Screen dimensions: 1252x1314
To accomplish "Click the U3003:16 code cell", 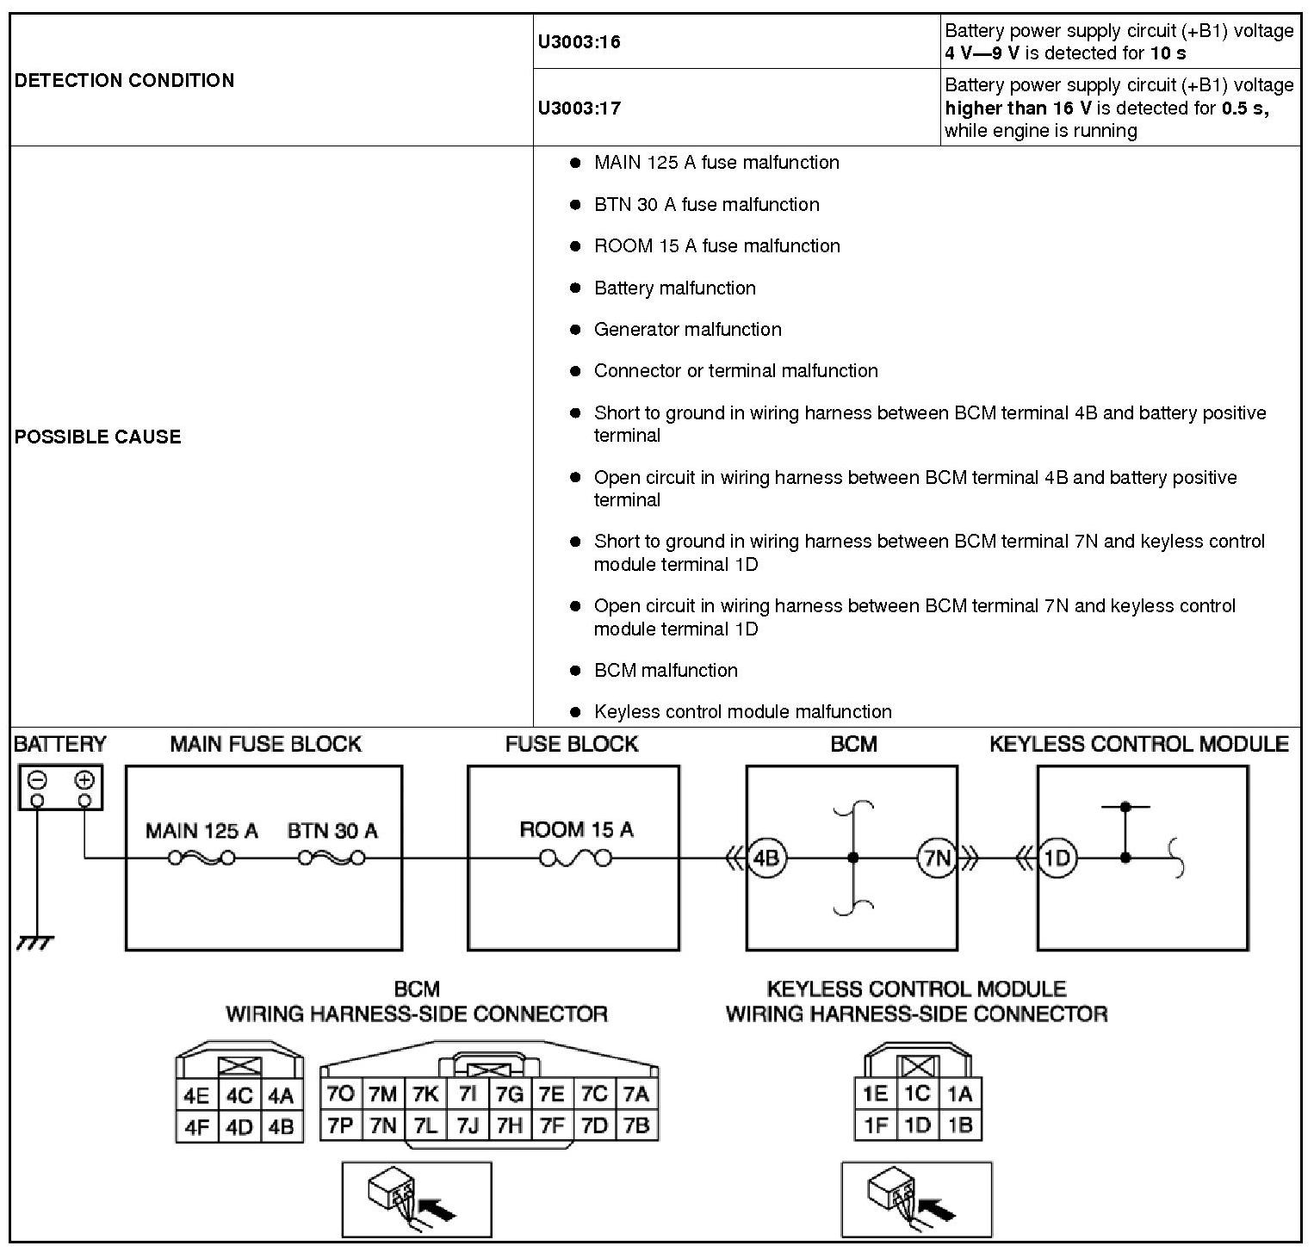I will (580, 42).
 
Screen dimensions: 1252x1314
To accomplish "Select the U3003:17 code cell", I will (580, 108).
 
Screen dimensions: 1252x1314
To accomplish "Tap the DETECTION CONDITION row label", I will (125, 81).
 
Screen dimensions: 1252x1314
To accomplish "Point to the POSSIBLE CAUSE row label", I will (98, 437).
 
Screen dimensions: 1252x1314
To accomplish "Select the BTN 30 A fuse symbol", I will (332, 858).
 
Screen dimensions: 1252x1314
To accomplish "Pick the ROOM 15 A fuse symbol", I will (576, 858).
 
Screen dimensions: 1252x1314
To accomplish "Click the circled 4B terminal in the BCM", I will (765, 858).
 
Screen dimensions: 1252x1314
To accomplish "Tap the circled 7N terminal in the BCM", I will (937, 858).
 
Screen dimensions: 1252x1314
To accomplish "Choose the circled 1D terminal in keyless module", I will (1057, 858).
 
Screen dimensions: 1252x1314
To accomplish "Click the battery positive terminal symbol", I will (84, 780).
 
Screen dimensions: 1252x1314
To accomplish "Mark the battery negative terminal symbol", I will (37, 780).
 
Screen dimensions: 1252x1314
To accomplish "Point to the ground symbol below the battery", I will (35, 943).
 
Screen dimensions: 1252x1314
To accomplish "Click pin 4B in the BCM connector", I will (282, 1126).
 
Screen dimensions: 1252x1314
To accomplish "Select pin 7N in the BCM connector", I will (382, 1125).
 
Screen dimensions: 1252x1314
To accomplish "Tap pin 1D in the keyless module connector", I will (917, 1125).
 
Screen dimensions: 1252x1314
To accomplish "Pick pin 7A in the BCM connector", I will (635, 1094).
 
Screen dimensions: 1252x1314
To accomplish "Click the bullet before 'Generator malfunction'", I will (575, 330).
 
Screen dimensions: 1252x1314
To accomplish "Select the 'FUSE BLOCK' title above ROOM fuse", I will (572, 744).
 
